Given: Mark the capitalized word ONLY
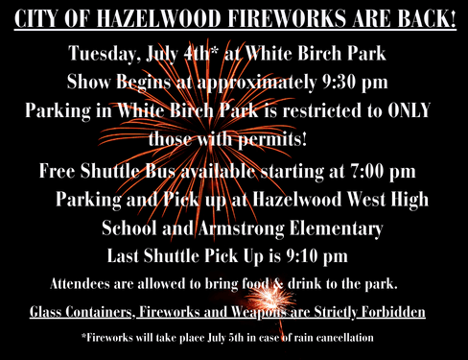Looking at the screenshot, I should click(x=406, y=110).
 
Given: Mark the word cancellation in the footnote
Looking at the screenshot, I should click(x=337, y=338).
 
